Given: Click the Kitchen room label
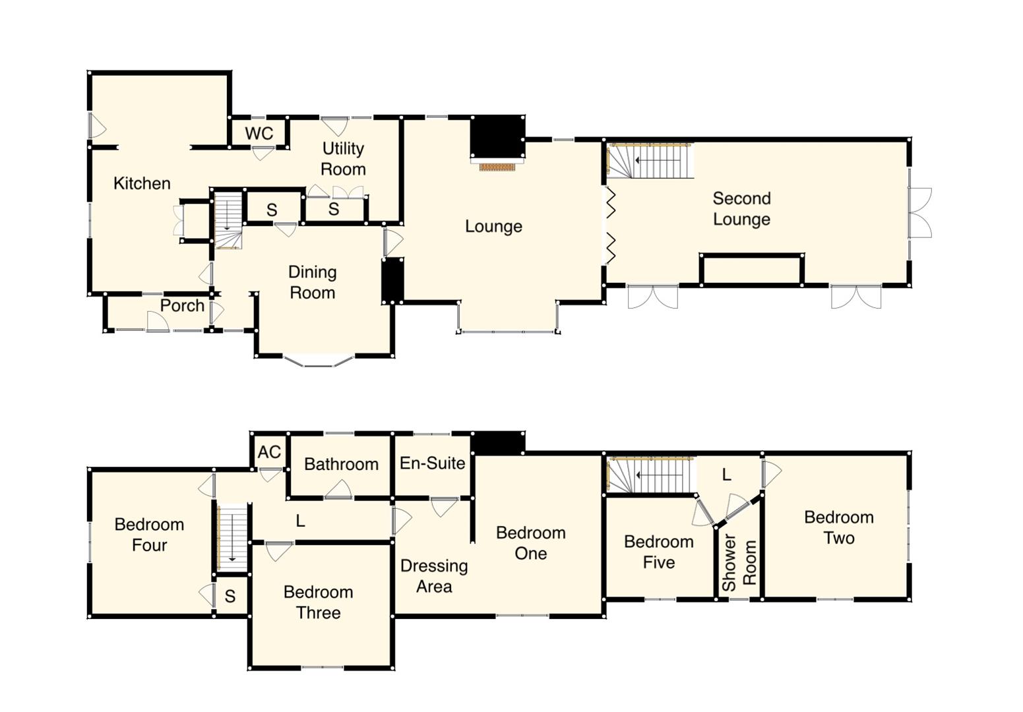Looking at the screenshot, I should click(x=142, y=183).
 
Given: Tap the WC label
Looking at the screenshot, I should click(x=259, y=133).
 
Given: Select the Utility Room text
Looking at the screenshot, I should click(x=343, y=159).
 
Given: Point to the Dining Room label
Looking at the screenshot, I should click(x=312, y=282).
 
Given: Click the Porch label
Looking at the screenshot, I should click(x=182, y=306).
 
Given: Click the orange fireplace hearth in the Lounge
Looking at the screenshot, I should click(x=497, y=167).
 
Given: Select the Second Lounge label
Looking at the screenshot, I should click(x=741, y=209).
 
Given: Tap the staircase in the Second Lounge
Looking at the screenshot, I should click(x=650, y=160).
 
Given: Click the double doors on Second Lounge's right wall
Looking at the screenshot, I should click(x=919, y=212).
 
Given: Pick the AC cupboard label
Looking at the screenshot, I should click(x=269, y=452).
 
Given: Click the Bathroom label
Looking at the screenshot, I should click(x=341, y=464).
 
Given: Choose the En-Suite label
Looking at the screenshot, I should click(x=432, y=463).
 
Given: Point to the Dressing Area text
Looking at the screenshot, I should click(x=434, y=576).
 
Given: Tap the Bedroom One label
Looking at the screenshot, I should click(x=530, y=543).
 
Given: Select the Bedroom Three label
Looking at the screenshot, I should click(x=318, y=603).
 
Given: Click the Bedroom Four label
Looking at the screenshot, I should click(x=149, y=535).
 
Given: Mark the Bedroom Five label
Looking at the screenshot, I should click(x=658, y=552).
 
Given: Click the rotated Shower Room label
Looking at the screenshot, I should click(x=739, y=563).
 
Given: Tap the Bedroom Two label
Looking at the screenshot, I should click(x=838, y=527).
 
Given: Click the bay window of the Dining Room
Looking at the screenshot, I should click(x=319, y=362).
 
